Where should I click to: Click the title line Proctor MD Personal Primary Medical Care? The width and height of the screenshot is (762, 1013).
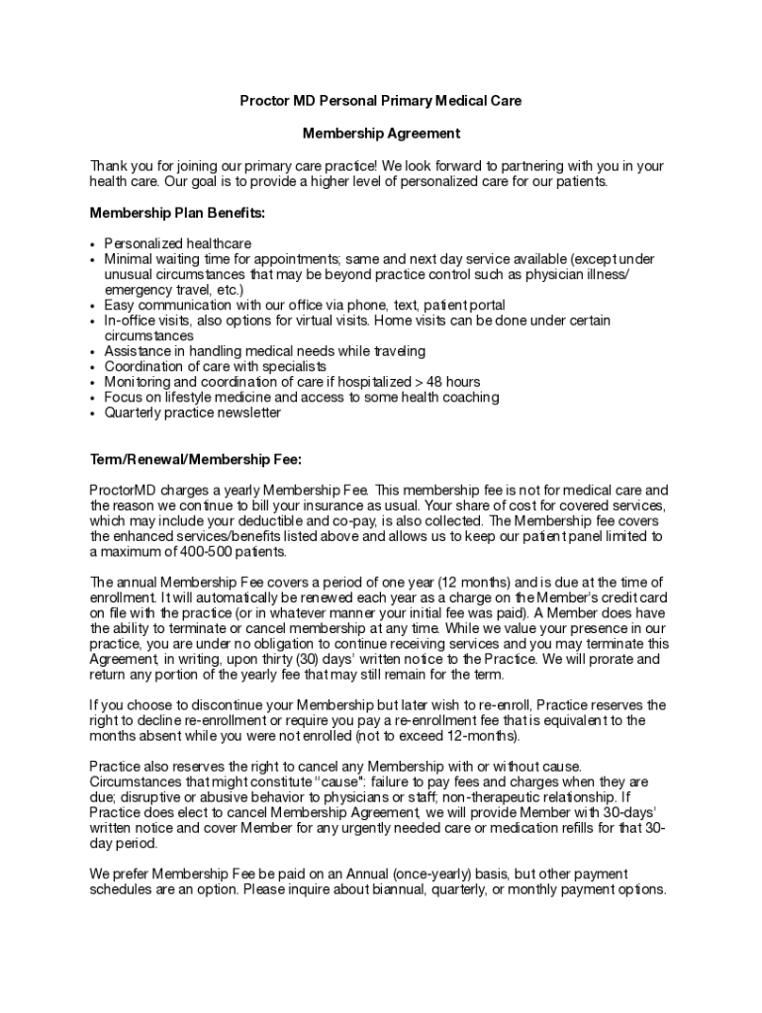click(x=381, y=101)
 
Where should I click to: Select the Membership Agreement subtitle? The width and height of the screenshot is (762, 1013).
click(x=381, y=133)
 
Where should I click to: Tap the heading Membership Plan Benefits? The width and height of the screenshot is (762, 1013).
click(x=177, y=213)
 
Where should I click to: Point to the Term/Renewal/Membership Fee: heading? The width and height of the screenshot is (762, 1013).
click(x=195, y=459)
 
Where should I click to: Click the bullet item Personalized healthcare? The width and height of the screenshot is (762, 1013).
click(x=178, y=243)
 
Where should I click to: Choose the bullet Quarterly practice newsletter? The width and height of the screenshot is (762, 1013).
click(x=193, y=413)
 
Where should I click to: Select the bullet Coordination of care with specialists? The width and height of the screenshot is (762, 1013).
click(x=216, y=366)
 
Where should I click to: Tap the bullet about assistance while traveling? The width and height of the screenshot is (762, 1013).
click(x=265, y=351)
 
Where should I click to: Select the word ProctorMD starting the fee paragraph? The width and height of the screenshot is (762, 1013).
click(x=122, y=490)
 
